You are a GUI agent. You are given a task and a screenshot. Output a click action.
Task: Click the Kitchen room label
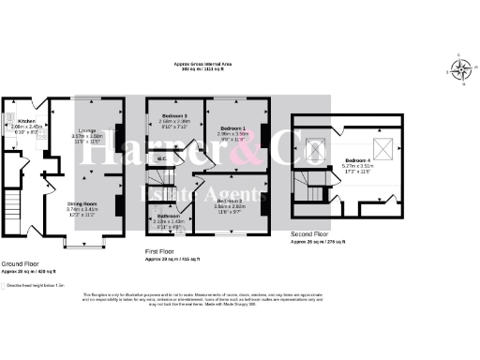26,122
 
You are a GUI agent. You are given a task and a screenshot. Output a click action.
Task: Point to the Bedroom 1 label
232,127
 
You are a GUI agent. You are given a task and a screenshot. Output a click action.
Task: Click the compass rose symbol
461,70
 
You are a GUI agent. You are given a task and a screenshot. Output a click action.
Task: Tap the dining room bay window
82,242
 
